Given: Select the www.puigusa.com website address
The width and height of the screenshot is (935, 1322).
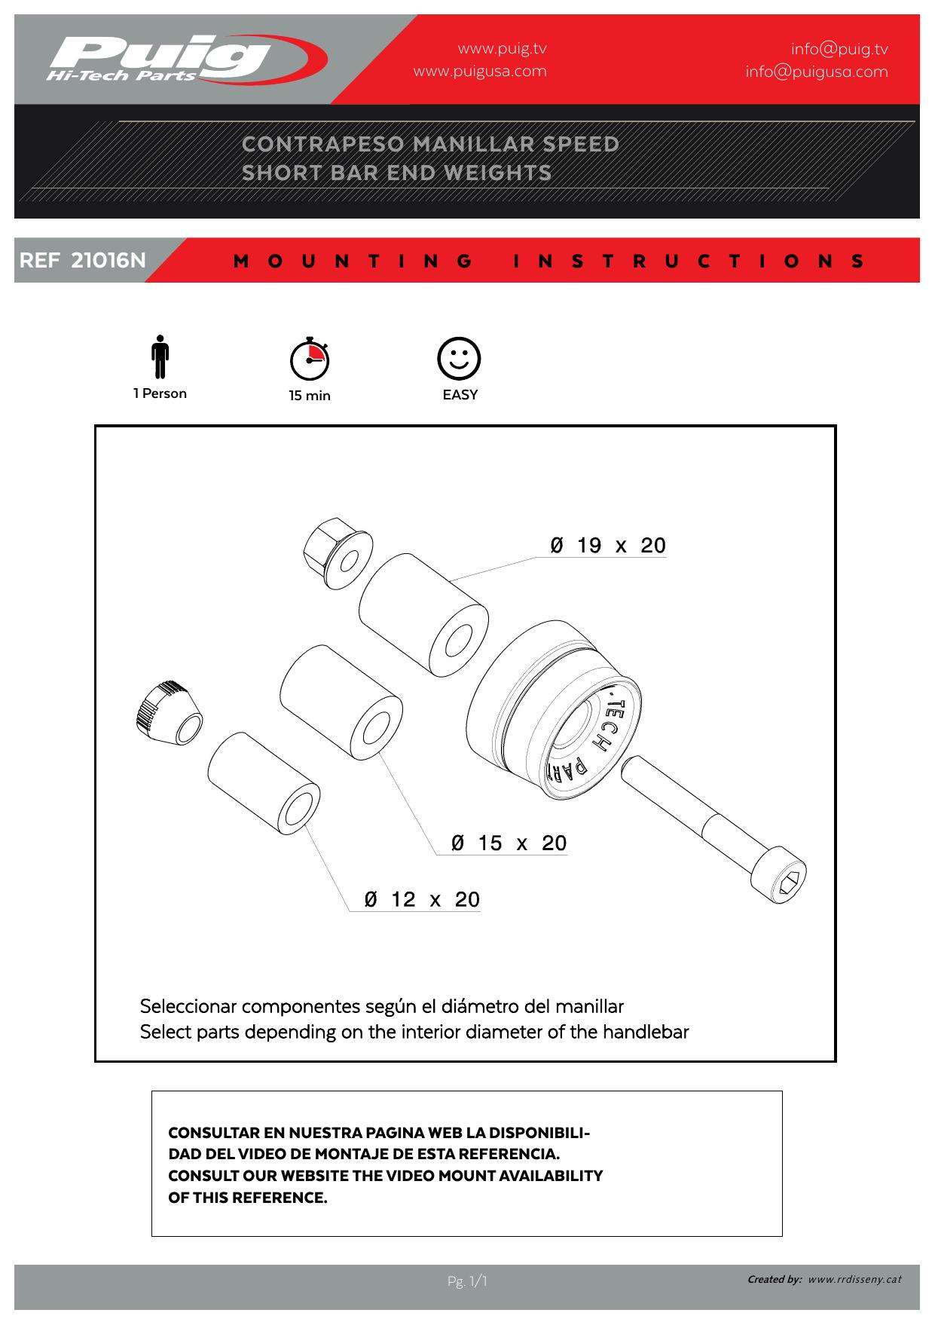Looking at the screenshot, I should point(480,72).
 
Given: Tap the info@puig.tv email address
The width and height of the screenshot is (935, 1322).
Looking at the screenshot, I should point(839,49).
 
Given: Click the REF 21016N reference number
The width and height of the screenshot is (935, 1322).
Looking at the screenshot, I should point(83,261).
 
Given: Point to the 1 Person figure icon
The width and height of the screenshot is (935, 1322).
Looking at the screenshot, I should point(160,357).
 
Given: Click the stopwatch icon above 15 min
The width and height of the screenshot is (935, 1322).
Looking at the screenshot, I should point(310,359).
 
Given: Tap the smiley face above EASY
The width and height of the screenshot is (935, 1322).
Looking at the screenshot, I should point(459,358).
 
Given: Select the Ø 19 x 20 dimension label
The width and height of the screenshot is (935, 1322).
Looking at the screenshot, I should point(608,546).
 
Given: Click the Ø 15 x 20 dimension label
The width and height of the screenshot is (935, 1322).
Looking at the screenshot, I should point(509,843).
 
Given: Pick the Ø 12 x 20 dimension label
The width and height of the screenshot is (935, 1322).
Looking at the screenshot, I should point(422,899).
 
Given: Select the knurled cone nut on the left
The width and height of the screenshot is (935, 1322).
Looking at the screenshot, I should point(168,713).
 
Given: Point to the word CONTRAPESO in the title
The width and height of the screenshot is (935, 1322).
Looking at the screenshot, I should point(322,144).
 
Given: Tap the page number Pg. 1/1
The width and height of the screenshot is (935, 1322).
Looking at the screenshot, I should point(467,1281).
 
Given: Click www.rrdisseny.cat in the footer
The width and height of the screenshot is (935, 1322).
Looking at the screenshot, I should point(854,1279).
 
